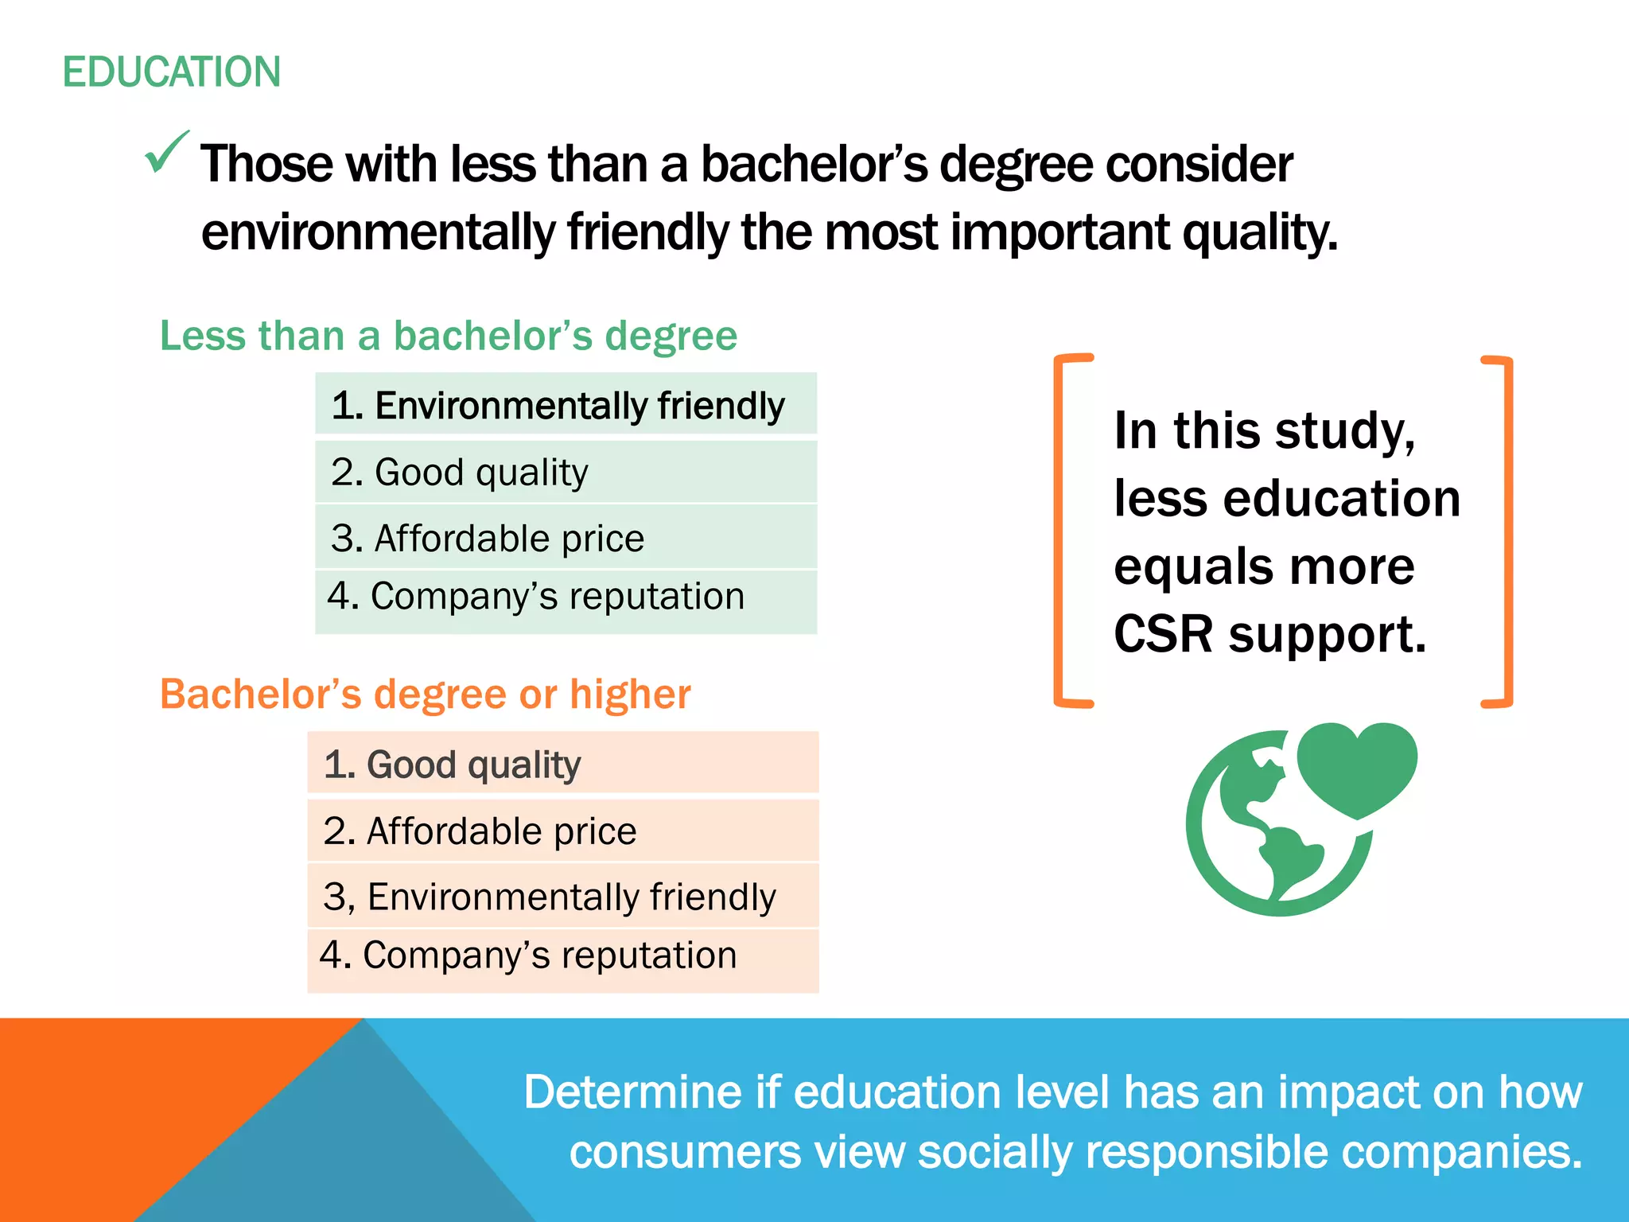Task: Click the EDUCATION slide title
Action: (172, 72)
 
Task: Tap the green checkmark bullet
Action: (167, 152)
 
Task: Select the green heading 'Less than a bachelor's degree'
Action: (449, 336)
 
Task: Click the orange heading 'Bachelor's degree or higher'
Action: (426, 695)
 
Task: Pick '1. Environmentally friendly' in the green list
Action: (558, 406)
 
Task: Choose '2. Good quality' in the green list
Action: (460, 473)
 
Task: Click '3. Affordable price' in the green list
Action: (488, 539)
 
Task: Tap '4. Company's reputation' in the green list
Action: (536, 597)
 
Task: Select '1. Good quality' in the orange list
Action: (452, 765)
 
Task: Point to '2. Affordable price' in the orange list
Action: (480, 831)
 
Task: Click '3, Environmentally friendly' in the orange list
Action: (550, 897)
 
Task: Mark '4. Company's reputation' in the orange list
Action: (528, 955)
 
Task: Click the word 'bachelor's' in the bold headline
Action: (814, 165)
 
